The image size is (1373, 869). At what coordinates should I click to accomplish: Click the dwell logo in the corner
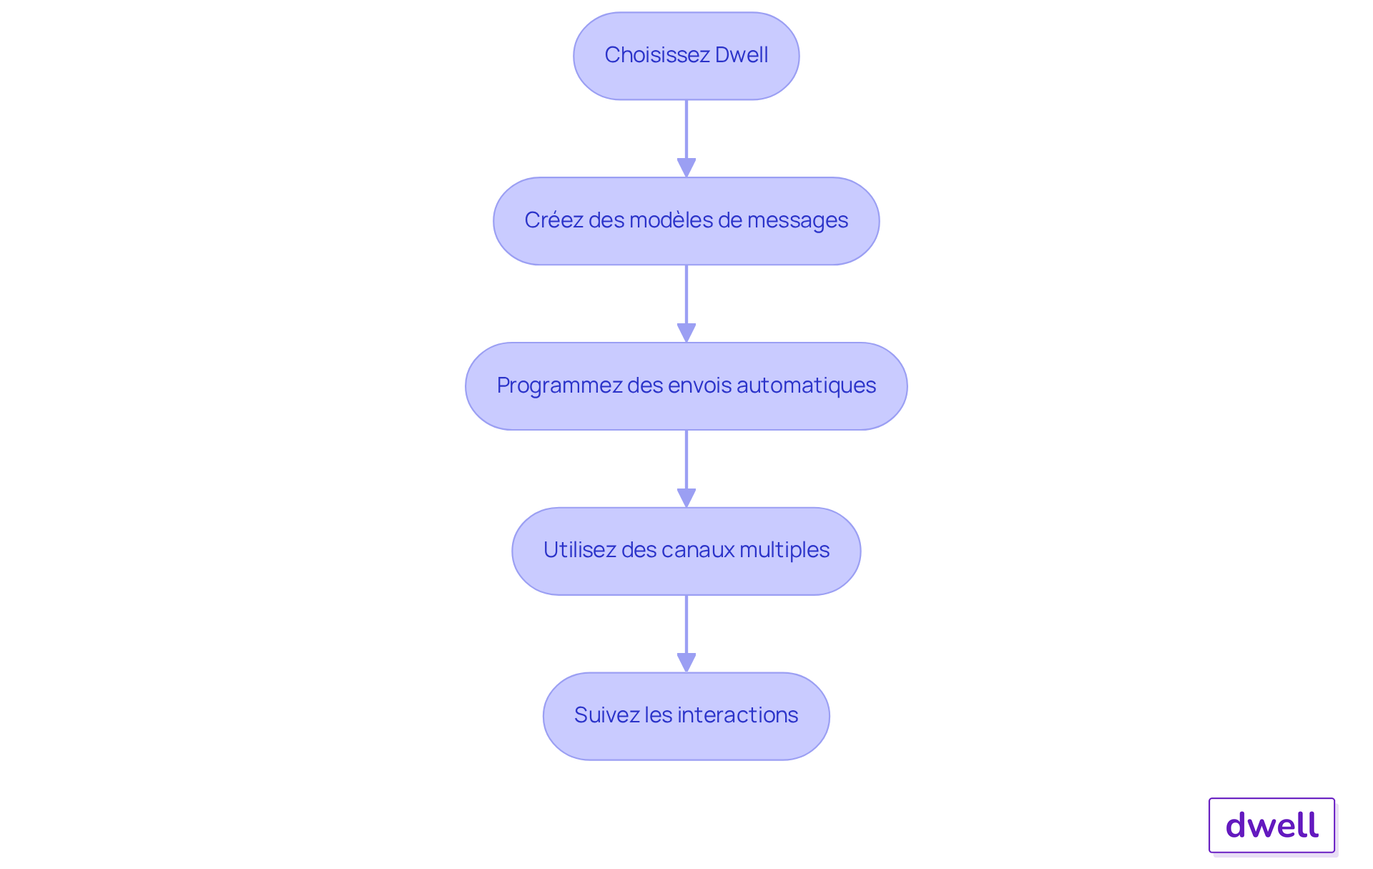coord(1271,825)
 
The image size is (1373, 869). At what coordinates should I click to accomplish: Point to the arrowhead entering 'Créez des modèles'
coord(686,167)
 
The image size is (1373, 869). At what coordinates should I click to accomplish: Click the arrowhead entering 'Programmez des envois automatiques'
coord(686,333)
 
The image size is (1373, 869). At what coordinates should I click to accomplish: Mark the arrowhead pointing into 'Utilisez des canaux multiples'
coord(686,498)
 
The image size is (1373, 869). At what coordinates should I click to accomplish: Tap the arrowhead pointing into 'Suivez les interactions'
coord(686,662)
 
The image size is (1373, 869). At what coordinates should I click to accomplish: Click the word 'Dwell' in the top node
coord(742,55)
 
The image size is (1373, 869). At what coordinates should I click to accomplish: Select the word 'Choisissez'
coord(656,55)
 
